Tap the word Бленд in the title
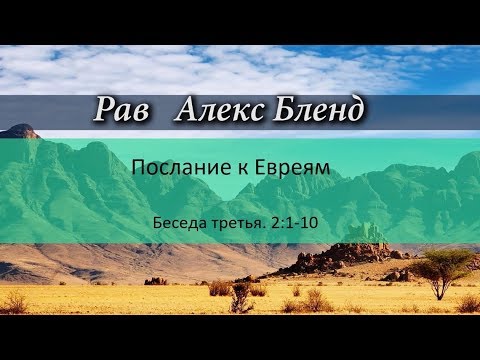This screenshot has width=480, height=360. tap(316, 112)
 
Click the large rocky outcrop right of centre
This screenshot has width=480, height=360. tap(345, 255)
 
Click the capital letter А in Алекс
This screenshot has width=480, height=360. tap(186, 112)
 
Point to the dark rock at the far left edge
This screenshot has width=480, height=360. tap(18, 131)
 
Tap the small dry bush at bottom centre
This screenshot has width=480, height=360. tap(241, 298)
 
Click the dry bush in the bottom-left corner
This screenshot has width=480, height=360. tap(14, 302)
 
